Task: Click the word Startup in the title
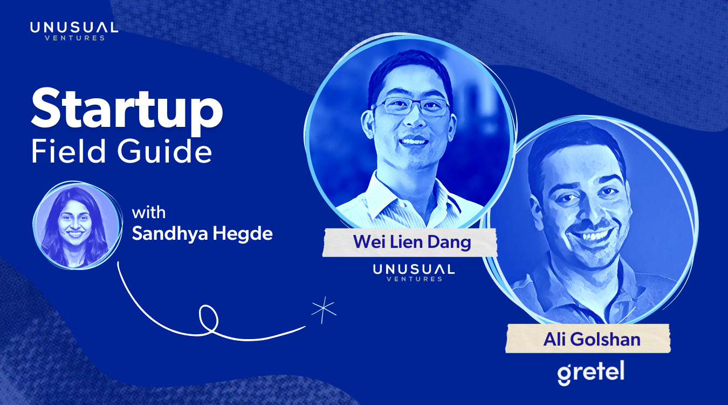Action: pos(127,111)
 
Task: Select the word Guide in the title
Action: pos(165,151)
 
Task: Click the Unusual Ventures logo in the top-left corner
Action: pos(74,31)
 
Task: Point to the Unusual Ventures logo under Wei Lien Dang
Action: pos(414,273)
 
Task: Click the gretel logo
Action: pos(591,373)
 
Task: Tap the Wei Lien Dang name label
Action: pos(410,242)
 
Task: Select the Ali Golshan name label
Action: pos(588,339)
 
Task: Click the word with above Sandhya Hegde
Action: pos(148,213)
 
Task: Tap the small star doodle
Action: pos(324,310)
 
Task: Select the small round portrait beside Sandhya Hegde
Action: pos(77,225)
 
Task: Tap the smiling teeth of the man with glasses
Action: pos(414,141)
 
